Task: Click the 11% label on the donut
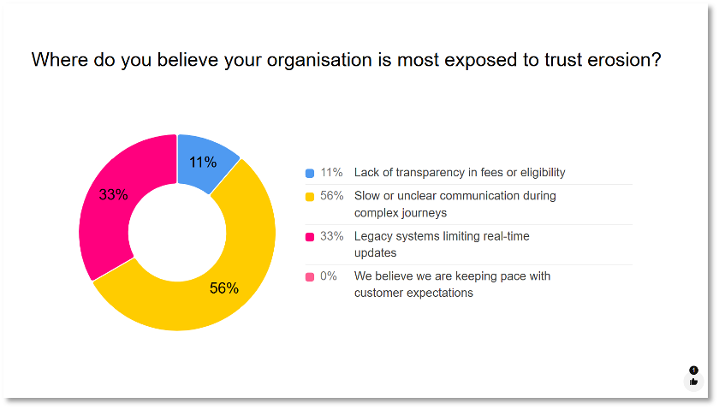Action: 203,163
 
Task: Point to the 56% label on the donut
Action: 224,288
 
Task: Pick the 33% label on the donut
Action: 113,194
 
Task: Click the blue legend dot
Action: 310,173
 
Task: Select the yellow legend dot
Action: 310,196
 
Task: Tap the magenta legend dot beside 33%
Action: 310,236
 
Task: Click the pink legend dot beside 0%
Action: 310,276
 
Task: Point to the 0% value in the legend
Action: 329,276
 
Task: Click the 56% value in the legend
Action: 331,196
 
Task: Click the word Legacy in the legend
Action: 374,236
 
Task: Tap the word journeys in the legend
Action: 422,212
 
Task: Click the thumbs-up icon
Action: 693,382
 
